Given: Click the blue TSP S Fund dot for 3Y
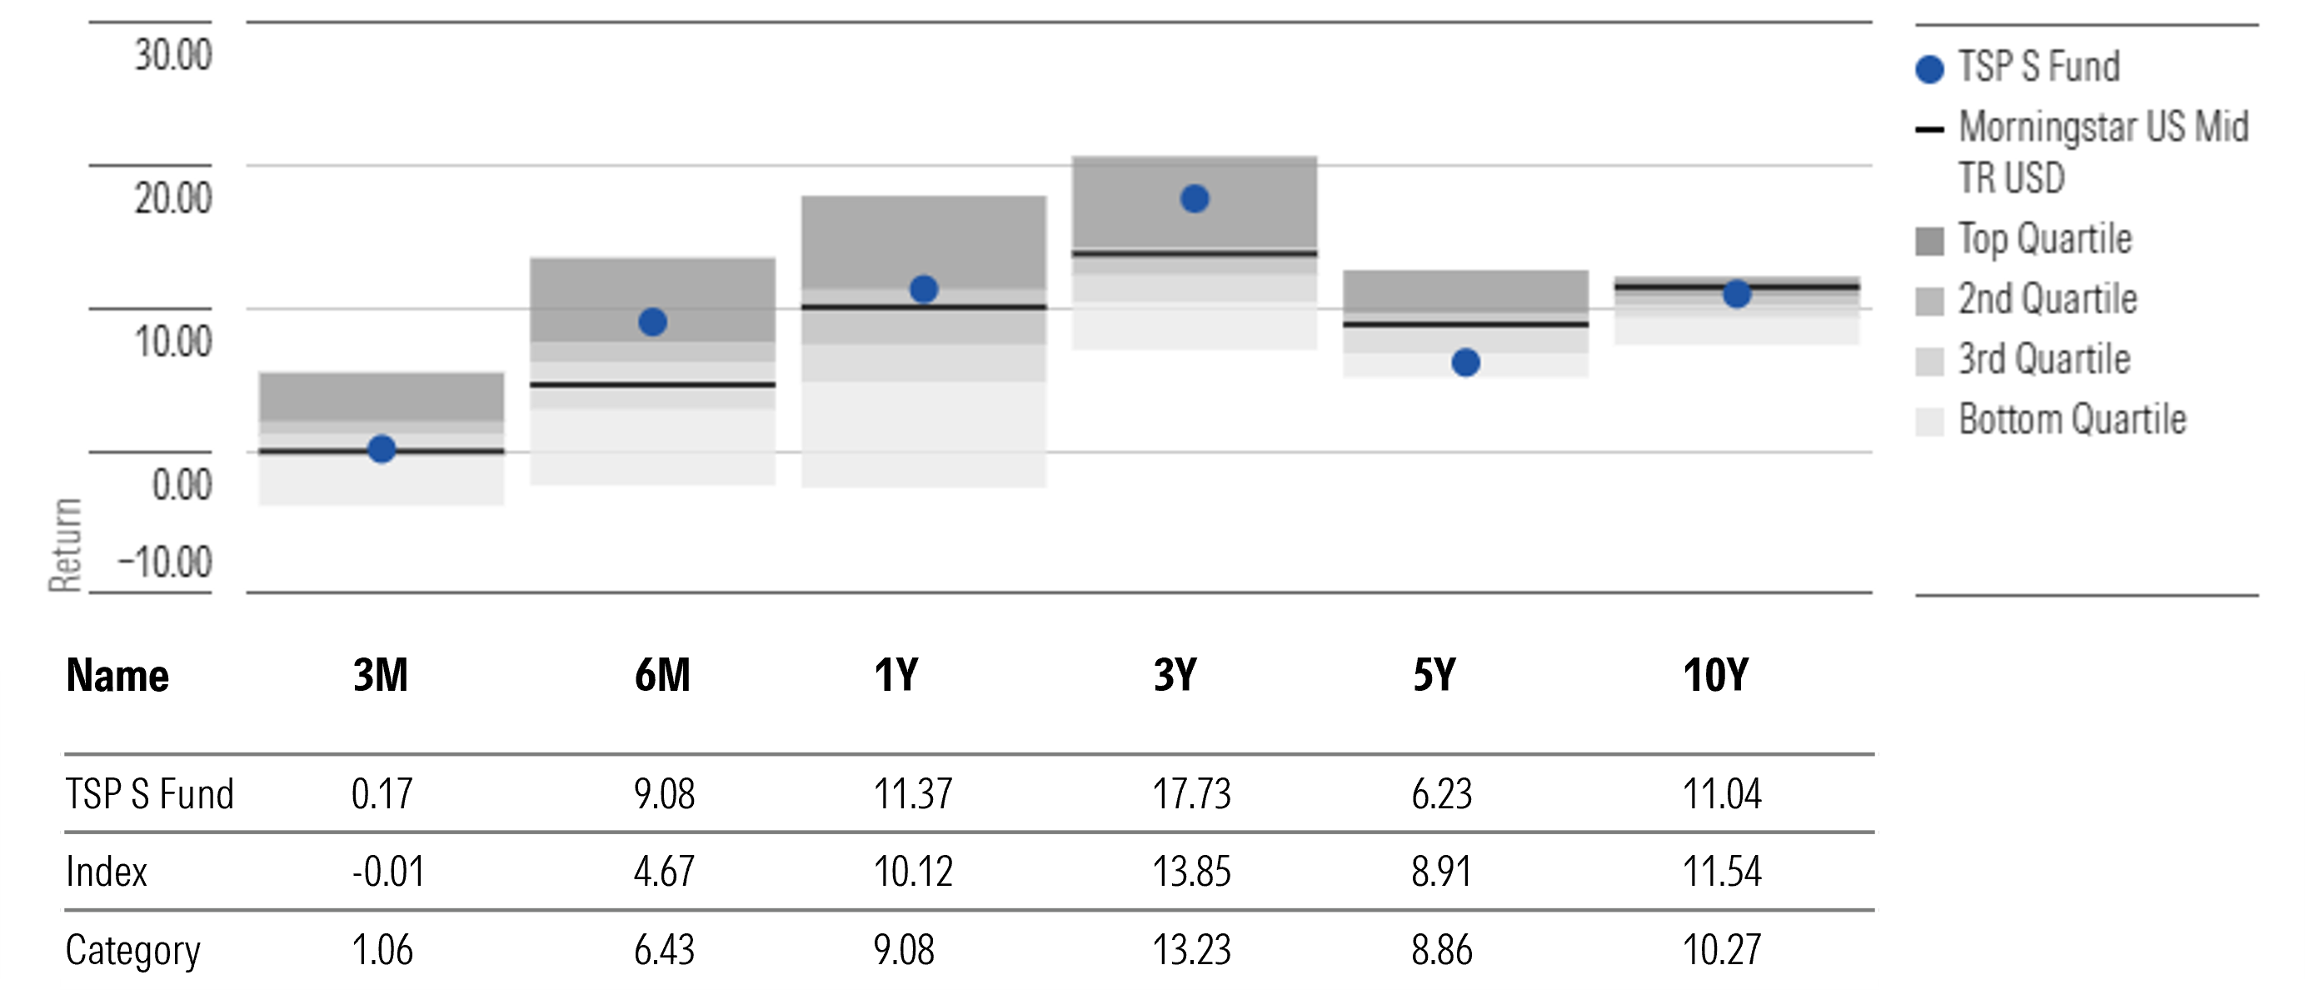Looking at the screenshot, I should tap(1195, 198).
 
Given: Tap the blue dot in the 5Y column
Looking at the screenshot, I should tap(1465, 362).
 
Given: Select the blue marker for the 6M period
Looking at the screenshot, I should tap(652, 322).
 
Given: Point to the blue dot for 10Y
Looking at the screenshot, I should tap(1737, 293).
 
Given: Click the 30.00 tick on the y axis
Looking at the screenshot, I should tap(173, 56).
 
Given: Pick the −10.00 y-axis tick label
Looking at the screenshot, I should tap(166, 563).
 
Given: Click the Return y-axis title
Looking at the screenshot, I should tap(64, 544).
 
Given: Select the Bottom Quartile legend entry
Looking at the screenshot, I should tap(2071, 420).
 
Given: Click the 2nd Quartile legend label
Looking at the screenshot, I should tap(2047, 299).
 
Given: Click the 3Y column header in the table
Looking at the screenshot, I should tap(1175, 675).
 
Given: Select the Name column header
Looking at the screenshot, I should tap(117, 675).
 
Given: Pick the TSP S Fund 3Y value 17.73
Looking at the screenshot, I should tap(1191, 794).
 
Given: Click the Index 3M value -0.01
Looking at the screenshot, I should tap(387, 871).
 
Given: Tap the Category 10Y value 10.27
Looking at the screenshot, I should tap(1722, 950).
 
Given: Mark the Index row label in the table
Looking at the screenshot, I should tap(107, 871).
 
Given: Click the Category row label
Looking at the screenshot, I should tap(132, 950).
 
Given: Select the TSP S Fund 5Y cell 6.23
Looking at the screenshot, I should tap(1441, 794).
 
